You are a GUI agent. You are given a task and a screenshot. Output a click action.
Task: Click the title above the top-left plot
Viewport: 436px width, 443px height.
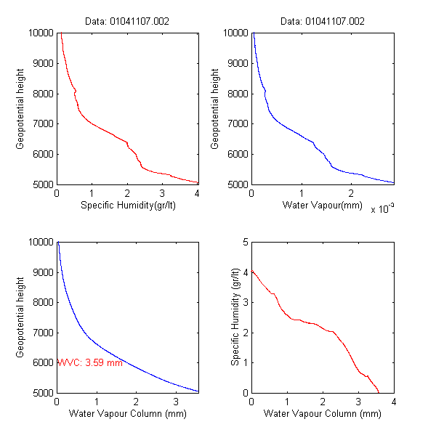click(128, 22)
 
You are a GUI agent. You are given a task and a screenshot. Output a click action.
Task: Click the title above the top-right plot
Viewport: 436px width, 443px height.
click(322, 22)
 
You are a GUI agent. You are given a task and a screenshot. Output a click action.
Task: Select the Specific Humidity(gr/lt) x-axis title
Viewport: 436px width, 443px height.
click(128, 206)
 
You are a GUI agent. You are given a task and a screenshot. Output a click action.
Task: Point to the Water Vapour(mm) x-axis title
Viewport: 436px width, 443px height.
click(322, 206)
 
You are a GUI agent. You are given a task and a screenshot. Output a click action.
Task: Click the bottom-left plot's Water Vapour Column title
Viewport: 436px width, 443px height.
click(128, 414)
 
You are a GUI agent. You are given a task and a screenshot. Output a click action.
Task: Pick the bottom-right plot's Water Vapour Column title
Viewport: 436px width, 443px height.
click(322, 414)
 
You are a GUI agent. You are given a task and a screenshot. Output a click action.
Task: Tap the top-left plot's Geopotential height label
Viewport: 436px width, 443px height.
click(20, 108)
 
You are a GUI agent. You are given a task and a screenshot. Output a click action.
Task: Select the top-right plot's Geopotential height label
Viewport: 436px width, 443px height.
click(215, 108)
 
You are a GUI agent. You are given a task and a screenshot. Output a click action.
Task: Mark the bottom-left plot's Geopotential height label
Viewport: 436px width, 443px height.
click(20, 317)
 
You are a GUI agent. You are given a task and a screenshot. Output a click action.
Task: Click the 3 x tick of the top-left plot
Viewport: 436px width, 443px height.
click(162, 193)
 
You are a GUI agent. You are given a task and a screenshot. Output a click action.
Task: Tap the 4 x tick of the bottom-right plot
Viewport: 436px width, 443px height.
click(393, 402)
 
